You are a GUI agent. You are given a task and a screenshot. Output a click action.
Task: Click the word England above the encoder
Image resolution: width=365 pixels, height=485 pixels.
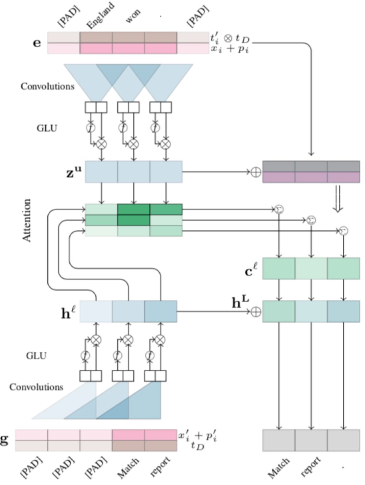100,16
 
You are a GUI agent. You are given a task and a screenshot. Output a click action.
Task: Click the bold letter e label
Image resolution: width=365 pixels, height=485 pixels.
37,43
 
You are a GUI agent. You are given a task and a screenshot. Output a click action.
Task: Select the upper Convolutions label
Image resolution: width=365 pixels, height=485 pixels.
47,86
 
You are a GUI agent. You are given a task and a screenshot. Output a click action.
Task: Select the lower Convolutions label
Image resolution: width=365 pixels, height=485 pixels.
36,387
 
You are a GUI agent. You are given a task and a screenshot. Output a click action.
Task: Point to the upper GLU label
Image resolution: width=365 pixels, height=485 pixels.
47,128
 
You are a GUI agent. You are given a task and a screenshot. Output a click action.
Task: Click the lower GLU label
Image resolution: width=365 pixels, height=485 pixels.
36,356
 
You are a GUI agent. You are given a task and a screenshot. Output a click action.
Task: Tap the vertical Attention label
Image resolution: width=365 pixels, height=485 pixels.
27,220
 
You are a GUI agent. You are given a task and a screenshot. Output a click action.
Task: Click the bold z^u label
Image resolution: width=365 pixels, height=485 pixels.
74,172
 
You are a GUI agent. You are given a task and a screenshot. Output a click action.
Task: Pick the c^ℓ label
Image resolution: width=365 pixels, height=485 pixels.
251,271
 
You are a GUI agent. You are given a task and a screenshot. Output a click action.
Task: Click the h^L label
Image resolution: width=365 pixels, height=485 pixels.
240,302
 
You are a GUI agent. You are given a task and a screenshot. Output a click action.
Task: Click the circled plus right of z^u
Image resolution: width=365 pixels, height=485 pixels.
256,172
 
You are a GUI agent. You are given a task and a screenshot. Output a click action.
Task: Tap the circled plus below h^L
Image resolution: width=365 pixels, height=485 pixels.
256,312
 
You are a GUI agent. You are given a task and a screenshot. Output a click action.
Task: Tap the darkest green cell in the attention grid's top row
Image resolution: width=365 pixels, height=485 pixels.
133,210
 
